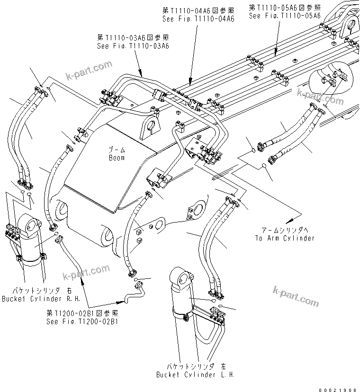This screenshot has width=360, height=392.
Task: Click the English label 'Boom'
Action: coord(116,158)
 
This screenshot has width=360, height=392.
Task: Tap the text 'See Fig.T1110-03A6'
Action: coord(133,46)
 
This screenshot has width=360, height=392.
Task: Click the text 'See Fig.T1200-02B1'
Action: coord(82,321)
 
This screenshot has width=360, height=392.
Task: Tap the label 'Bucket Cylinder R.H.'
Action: coord(41,299)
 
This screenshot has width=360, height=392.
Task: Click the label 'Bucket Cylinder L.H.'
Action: coord(195,374)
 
